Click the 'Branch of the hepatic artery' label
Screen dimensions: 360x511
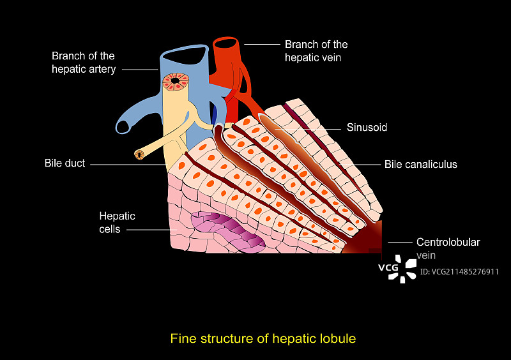point(84,62)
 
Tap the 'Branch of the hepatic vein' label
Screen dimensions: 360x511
point(316,50)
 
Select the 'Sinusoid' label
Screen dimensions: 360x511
point(367,127)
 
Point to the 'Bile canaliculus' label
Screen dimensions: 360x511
point(420,164)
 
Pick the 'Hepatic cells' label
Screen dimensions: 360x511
point(117,223)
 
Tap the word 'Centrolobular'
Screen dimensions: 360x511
point(448,242)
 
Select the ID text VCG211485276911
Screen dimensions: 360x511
point(459,271)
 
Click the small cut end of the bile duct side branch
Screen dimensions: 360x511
point(138,154)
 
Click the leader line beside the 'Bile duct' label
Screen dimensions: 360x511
point(128,164)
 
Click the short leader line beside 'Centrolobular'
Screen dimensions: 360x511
point(399,243)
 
